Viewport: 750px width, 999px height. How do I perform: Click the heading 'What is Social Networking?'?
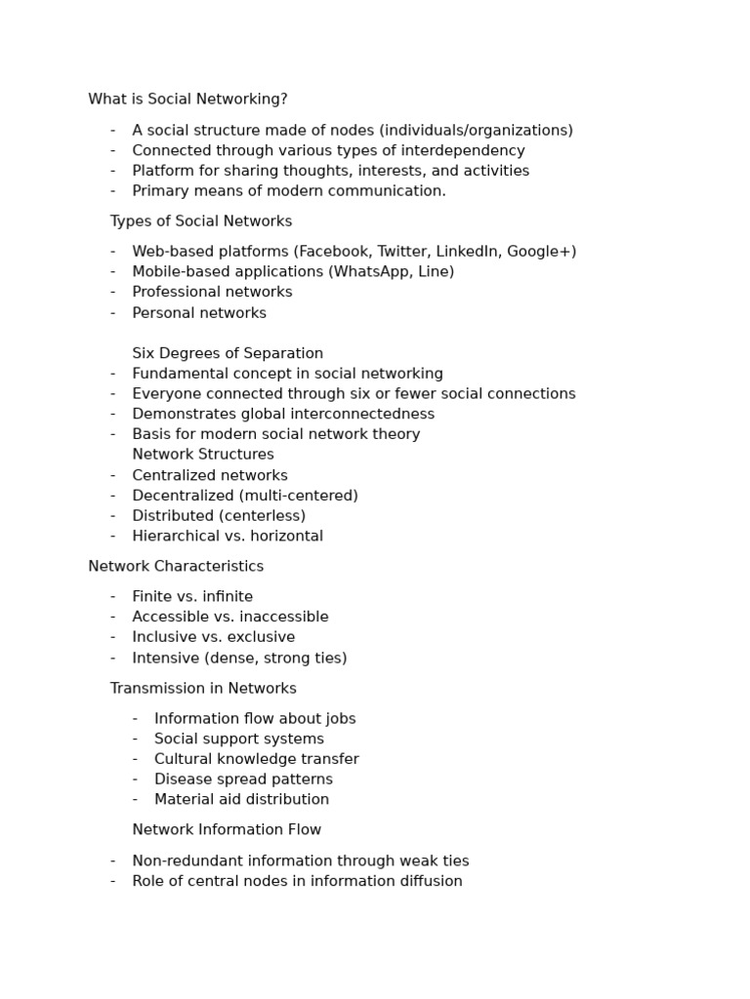(x=187, y=100)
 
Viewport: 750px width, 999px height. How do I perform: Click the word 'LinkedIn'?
(x=467, y=252)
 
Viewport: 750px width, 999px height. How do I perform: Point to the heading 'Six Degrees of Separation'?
(x=228, y=353)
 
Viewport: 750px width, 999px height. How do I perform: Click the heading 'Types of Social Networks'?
(x=201, y=221)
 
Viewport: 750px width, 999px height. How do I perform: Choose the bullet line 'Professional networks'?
(x=212, y=292)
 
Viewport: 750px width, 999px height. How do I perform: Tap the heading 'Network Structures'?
(x=203, y=455)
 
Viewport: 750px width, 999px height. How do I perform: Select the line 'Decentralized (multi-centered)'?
(x=245, y=496)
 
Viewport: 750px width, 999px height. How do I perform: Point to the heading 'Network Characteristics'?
(x=176, y=566)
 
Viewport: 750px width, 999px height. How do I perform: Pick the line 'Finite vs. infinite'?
(x=192, y=597)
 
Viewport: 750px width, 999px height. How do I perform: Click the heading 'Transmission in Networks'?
(x=203, y=689)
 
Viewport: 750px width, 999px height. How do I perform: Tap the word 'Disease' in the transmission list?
(x=183, y=779)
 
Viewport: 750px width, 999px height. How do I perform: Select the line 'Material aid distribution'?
(x=241, y=800)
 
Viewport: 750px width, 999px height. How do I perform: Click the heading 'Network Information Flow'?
(x=227, y=830)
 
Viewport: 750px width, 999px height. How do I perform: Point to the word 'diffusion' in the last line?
(x=430, y=882)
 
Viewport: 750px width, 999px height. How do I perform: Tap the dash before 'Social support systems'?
(x=135, y=739)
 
